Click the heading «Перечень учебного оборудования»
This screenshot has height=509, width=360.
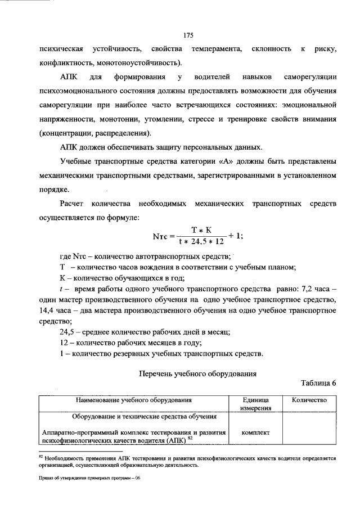pos(198,372)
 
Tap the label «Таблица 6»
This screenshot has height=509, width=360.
pos(318,385)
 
